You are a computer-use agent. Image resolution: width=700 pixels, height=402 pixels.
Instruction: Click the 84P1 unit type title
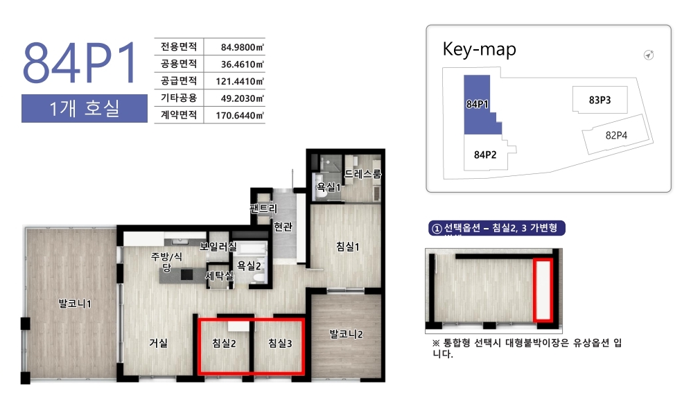pyautogui.click(x=80, y=62)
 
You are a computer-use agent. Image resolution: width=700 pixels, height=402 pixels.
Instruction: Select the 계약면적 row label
pyautogui.click(x=179, y=115)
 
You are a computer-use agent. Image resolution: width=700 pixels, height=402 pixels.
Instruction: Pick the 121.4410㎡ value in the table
pyautogui.click(x=240, y=81)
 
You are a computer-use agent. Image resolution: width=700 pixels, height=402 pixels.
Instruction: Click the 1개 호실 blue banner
pyautogui.click(x=85, y=108)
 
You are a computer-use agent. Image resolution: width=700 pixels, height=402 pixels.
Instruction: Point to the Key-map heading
pyautogui.click(x=479, y=49)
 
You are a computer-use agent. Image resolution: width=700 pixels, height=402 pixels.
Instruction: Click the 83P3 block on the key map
pyautogui.click(x=600, y=100)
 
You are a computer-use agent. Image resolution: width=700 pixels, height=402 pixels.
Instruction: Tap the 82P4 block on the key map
pyautogui.click(x=617, y=135)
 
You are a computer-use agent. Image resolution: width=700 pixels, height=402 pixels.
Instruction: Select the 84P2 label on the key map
pyautogui.click(x=485, y=155)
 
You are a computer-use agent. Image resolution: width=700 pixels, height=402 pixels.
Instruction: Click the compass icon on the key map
pyautogui.click(x=649, y=55)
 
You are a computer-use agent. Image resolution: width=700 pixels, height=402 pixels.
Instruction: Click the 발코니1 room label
pyautogui.click(x=75, y=304)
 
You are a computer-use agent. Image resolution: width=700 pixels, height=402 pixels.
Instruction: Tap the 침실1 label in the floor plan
pyautogui.click(x=347, y=246)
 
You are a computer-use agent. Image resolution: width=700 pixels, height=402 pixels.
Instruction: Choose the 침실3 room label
pyautogui.click(x=280, y=343)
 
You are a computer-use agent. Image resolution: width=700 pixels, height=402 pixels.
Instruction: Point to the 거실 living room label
pyautogui.click(x=158, y=342)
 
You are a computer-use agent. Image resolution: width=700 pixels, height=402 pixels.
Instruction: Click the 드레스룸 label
pyautogui.click(x=362, y=174)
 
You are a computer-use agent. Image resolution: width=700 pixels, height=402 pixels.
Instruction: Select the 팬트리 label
pyautogui.click(x=263, y=209)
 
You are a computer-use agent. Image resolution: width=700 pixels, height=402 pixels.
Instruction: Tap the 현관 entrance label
pyautogui.click(x=283, y=227)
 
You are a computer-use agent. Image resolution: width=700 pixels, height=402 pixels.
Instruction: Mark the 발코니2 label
pyautogui.click(x=346, y=333)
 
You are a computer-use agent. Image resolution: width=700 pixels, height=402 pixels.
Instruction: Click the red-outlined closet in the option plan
pyautogui.click(x=543, y=290)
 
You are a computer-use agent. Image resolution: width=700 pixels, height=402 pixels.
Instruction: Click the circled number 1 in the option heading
pyautogui.click(x=436, y=229)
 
